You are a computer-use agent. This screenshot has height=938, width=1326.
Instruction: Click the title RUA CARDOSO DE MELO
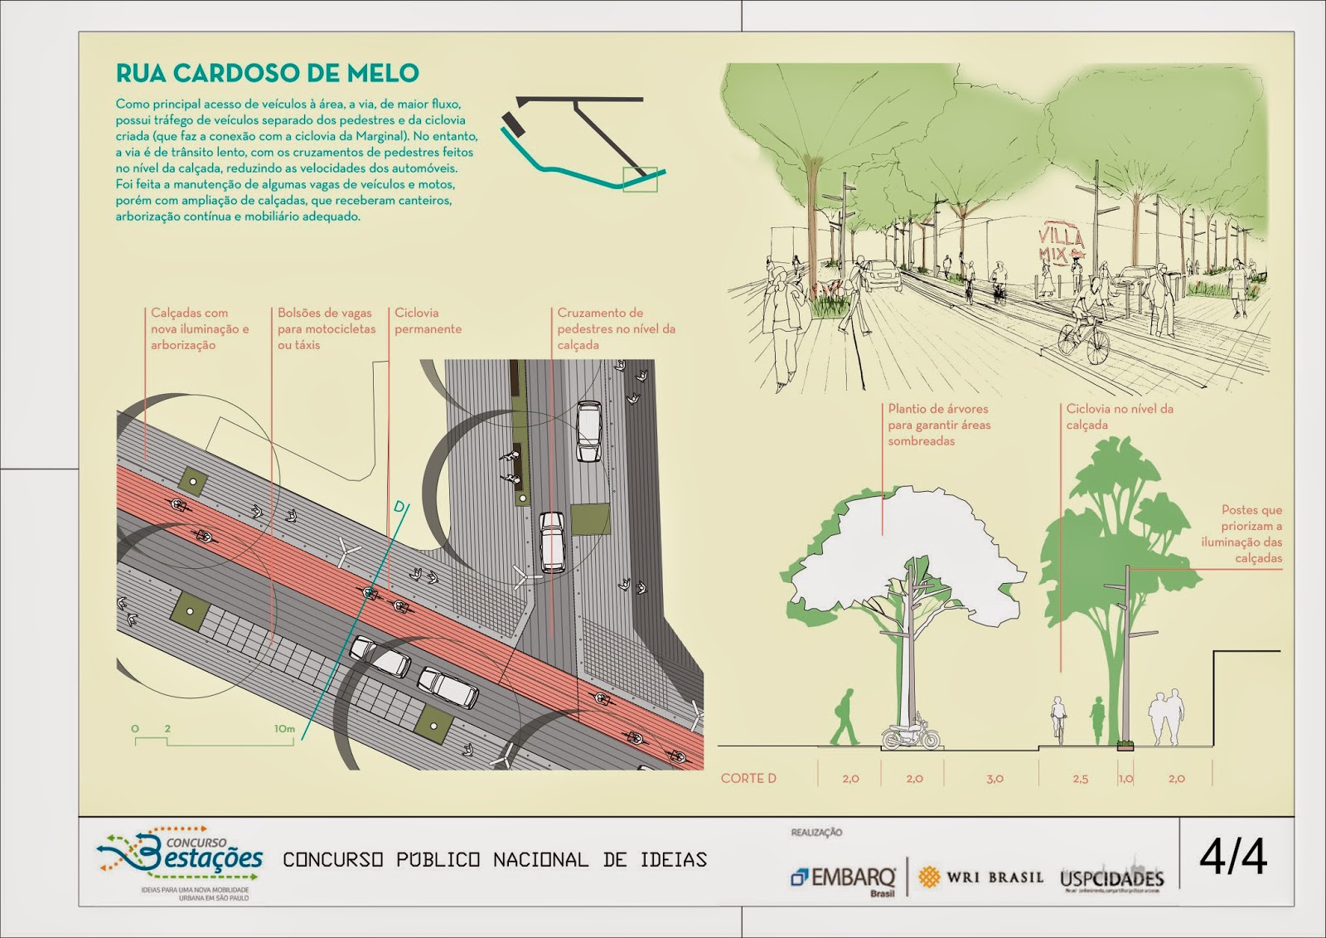tap(267, 73)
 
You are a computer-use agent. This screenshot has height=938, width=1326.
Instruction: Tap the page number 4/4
tap(1232, 858)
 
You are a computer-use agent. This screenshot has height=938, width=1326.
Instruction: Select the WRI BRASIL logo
tap(981, 877)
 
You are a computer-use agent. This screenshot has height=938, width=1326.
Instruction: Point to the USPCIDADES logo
tap(1111, 879)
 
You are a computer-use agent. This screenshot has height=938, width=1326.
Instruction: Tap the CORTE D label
tap(748, 778)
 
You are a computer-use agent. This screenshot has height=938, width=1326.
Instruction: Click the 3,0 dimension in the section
tap(994, 779)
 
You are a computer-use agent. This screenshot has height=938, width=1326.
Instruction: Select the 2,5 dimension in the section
tap(1080, 779)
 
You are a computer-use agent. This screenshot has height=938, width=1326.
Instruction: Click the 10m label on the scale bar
tap(284, 729)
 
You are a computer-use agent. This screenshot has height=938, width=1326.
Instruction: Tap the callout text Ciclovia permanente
tap(428, 321)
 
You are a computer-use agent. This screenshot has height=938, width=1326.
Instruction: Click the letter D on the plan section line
tap(399, 507)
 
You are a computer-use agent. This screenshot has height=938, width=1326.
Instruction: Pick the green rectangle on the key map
tap(640, 179)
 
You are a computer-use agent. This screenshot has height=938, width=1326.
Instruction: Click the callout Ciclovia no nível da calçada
tap(1119, 416)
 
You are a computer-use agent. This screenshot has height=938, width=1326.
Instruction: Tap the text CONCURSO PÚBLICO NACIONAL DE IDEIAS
tap(495, 860)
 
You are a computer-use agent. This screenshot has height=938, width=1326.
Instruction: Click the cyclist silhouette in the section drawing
tap(1058, 718)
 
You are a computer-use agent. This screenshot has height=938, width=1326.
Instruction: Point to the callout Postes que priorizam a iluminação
tap(1243, 533)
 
